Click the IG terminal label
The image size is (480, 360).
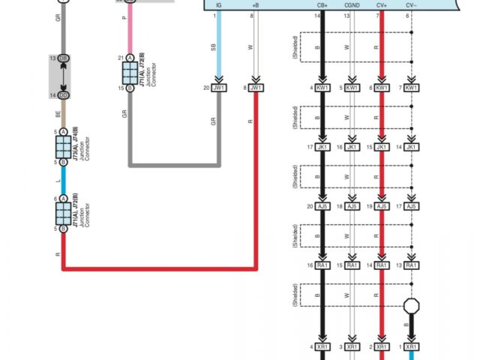pos(218,5)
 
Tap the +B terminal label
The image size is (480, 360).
pos(256,5)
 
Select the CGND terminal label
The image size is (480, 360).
pos(352,5)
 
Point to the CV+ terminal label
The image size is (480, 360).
pos(382,5)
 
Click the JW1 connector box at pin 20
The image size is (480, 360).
pos(219,88)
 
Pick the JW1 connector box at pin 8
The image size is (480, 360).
pos(256,88)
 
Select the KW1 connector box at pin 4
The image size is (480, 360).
pos(322,88)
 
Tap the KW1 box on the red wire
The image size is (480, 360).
pos(382,88)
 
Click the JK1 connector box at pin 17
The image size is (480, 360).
pos(322,147)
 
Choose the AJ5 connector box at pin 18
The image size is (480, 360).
pos(352,205)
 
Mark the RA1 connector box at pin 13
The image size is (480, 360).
pos(411,265)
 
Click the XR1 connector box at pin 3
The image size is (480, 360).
pos(352,347)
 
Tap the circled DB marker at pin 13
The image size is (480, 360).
pos(64,58)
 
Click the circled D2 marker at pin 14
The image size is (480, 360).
pos(64,95)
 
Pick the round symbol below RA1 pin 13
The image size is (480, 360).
pos(411,306)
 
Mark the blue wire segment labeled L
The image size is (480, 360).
pos(64,181)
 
